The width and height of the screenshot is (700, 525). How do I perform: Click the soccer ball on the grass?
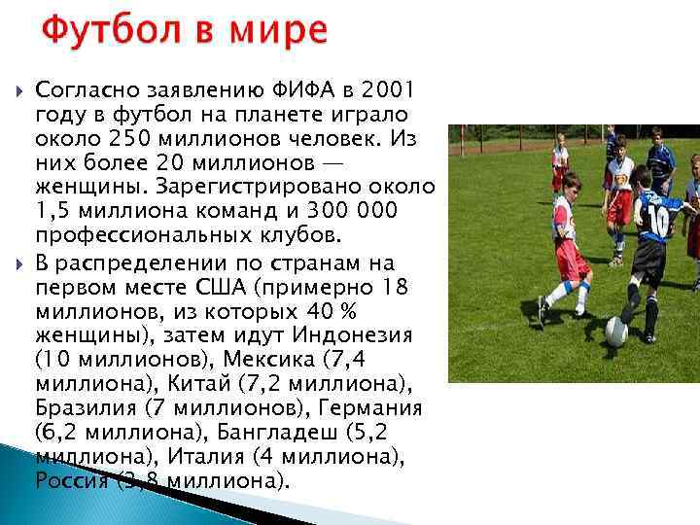616,332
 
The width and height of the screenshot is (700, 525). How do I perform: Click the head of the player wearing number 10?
642,177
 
